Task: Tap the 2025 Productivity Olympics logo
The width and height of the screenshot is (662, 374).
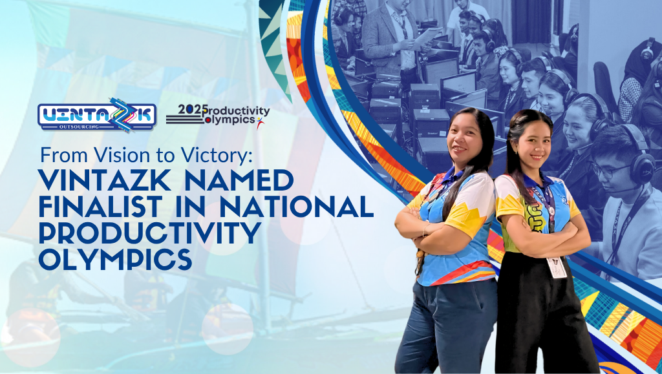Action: click(218, 115)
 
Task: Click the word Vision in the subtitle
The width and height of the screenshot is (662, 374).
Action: click(112, 156)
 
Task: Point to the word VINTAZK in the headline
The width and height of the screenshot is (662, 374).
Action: click(107, 180)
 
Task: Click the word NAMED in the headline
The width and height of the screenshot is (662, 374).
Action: click(239, 180)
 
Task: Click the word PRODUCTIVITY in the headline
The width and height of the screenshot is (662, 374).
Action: click(150, 233)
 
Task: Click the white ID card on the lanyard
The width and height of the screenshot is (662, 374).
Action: click(557, 267)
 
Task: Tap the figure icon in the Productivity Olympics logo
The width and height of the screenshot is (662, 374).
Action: click(259, 122)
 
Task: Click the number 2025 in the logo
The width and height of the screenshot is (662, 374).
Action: click(190, 109)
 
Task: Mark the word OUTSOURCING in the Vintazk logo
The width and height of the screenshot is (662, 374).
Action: click(79, 127)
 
